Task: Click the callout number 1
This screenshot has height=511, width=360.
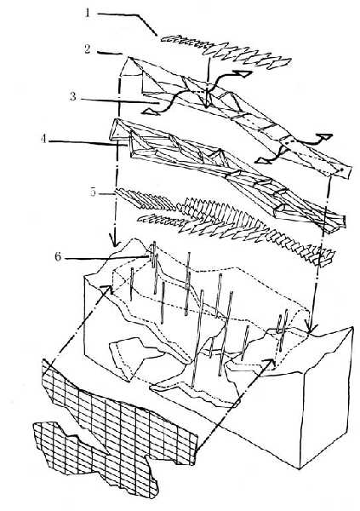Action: (87, 14)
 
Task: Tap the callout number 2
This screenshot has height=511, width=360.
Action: (88, 49)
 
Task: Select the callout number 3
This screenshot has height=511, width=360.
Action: (73, 96)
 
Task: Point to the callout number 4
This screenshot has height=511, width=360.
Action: (44, 139)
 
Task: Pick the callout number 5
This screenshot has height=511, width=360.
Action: (94, 192)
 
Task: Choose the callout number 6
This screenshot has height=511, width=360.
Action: (58, 257)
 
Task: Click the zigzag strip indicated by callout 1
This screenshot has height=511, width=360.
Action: (226, 53)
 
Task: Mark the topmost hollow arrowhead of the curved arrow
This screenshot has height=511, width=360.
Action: (245, 74)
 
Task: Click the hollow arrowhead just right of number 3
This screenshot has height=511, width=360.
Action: (149, 112)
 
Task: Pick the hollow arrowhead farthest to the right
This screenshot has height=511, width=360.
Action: (325, 136)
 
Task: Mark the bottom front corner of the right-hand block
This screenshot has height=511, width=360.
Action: (300, 468)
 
